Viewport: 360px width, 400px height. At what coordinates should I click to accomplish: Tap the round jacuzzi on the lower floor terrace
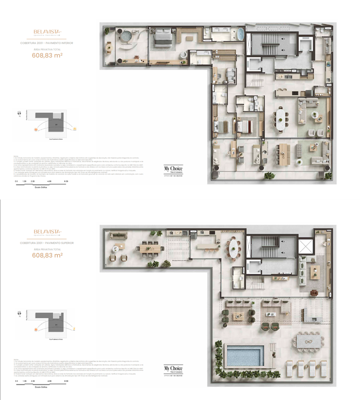[125, 37]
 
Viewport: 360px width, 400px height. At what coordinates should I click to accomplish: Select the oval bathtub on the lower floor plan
[240, 34]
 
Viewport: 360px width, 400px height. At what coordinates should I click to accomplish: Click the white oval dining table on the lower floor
[281, 119]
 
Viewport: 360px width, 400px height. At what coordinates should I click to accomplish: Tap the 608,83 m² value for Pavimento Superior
[47, 256]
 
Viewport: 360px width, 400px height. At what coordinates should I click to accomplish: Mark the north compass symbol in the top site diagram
[19, 113]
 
